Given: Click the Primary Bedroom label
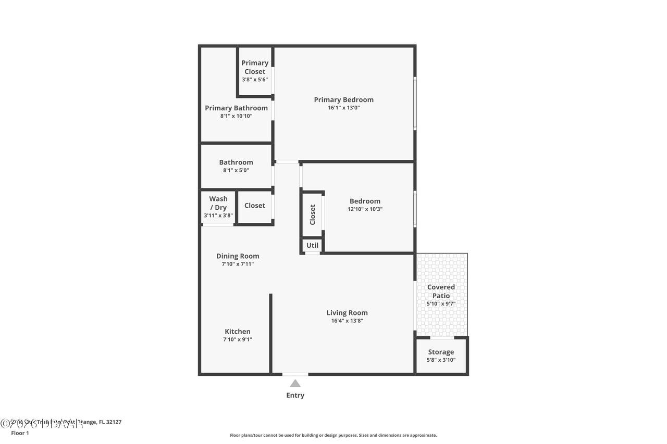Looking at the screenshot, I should [343, 100].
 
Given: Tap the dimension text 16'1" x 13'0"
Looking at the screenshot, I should [343, 108].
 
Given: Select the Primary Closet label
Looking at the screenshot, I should [255, 67].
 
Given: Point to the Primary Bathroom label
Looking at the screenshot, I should [236, 108].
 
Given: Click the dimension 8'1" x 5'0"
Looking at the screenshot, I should [236, 170].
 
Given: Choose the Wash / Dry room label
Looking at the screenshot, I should [218, 203].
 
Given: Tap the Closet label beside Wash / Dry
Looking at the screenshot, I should [255, 206].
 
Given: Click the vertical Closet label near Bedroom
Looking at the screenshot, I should [313, 214].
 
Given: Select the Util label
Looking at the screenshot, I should [312, 246].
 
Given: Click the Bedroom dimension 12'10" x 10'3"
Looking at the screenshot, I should [365, 209].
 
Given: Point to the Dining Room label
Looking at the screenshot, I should [238, 256].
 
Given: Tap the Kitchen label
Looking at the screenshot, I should [238, 332].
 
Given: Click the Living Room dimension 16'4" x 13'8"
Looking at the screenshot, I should [347, 321].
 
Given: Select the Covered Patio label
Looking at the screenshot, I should [441, 291].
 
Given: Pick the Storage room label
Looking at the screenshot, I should [441, 352].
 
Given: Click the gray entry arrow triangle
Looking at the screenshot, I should [295, 384].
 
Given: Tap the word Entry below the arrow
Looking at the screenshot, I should [295, 395].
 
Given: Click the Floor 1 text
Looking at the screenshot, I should [20, 433].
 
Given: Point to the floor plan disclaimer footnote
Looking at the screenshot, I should [333, 435].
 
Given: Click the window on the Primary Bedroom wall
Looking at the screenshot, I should [415, 103].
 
